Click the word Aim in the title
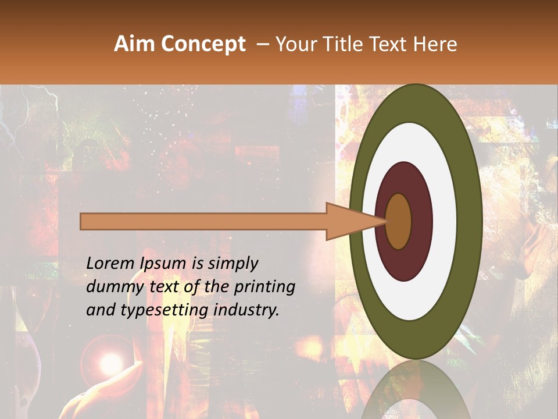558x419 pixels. pyautogui.click(x=134, y=44)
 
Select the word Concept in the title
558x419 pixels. pyautogui.click(x=202, y=45)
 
